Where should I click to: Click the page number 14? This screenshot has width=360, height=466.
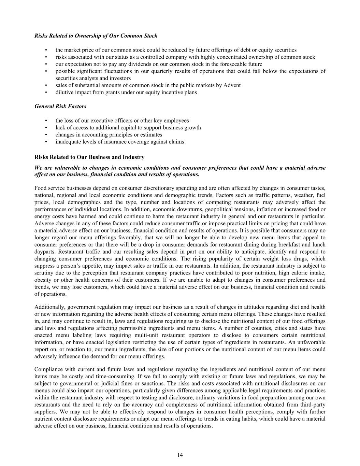pos(180,455)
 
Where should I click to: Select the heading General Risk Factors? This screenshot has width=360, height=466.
pos(60,107)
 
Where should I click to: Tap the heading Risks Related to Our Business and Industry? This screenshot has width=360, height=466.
pos(89,157)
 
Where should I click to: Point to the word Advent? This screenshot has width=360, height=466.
pos(233,85)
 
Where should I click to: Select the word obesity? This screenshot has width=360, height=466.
pos(43,280)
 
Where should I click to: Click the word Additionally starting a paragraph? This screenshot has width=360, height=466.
pos(50,307)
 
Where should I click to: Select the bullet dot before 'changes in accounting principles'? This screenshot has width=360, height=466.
pos(46,135)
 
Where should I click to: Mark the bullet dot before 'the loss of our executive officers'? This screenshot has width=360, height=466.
pos(46,121)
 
